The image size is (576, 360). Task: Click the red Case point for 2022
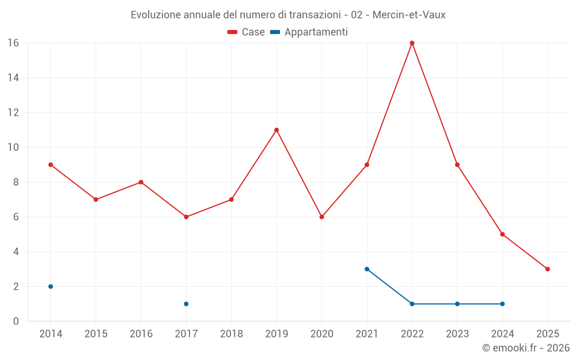(x=412, y=43)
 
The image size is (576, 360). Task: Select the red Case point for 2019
(x=276, y=130)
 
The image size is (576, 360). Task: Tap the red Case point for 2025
(x=548, y=269)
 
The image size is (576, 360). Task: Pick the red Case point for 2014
(x=51, y=165)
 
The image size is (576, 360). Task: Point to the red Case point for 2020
(x=321, y=217)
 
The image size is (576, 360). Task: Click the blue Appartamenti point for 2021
(x=367, y=269)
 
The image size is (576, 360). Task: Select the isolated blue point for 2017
(x=186, y=304)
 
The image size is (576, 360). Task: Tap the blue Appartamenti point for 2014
(x=51, y=286)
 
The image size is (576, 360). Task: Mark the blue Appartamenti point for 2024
(x=502, y=304)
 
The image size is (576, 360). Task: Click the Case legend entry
(x=246, y=32)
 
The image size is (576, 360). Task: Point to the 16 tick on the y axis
(x=13, y=43)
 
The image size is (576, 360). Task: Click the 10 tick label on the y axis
(x=13, y=147)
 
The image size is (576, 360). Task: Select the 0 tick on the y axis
(x=16, y=321)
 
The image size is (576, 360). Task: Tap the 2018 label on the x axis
(x=231, y=334)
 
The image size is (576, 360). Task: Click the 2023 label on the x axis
(x=457, y=334)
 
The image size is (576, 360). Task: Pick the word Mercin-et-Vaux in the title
(x=409, y=14)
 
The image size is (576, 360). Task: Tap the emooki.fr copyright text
(x=525, y=348)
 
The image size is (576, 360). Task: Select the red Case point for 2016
(x=141, y=182)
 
